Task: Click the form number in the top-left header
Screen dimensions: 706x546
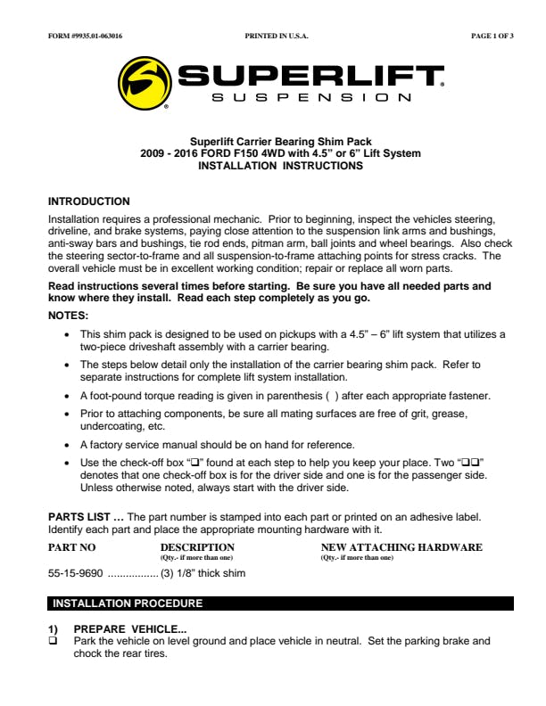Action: click(85, 37)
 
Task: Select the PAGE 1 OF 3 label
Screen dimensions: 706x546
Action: click(492, 37)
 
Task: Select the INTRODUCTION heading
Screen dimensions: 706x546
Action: click(88, 201)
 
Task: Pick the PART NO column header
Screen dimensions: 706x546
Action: click(71, 547)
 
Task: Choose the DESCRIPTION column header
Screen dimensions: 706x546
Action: click(197, 547)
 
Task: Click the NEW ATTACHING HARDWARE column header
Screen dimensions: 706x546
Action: click(401, 547)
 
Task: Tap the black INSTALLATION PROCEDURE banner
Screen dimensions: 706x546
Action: click(280, 603)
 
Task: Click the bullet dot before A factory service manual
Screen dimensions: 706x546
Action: click(69, 444)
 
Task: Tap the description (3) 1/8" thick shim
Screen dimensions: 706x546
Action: click(203, 573)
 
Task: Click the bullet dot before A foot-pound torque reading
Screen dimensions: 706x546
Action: click(69, 395)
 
